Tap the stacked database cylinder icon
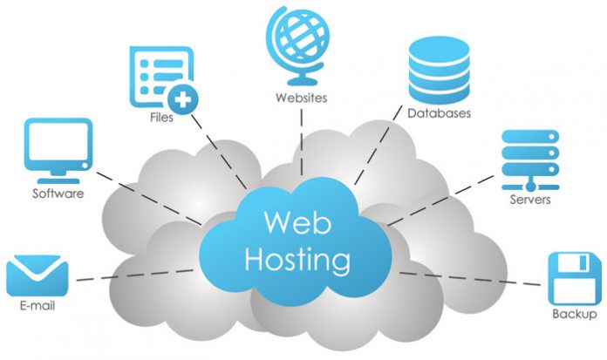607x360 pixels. [439, 70]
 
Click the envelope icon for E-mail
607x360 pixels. [38, 275]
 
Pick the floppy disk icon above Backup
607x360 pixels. [575, 279]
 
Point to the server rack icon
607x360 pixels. [530, 160]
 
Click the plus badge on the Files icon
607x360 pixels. [183, 100]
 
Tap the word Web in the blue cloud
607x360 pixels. [297, 222]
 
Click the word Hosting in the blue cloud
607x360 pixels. [297, 260]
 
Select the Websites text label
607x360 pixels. [301, 98]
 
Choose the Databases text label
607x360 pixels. [439, 113]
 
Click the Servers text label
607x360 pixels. [530, 200]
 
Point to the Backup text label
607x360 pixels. [575, 314]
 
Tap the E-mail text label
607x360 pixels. [38, 305]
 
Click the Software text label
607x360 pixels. [58, 194]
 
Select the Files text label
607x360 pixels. [161, 117]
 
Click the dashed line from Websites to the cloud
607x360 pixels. [302, 142]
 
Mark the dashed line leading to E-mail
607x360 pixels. [135, 275]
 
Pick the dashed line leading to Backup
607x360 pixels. [470, 279]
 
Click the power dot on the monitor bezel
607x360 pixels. [85, 166]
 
